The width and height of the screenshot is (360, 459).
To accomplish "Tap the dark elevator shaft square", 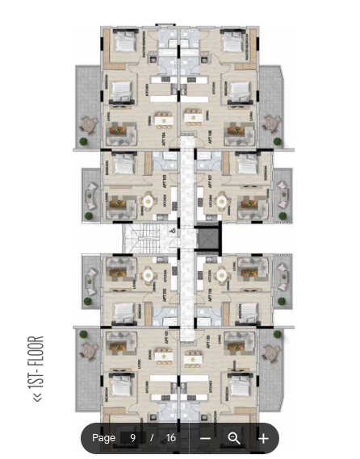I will (208, 238).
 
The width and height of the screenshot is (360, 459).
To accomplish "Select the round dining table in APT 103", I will (148, 201).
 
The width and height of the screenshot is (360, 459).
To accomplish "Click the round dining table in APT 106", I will (222, 275).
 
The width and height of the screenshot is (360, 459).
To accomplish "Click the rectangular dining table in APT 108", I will (195, 119).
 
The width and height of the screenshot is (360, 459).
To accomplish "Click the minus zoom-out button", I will (206, 438).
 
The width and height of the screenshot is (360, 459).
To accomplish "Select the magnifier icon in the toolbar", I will (234, 438).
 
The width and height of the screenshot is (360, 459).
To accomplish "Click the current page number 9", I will (132, 438).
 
